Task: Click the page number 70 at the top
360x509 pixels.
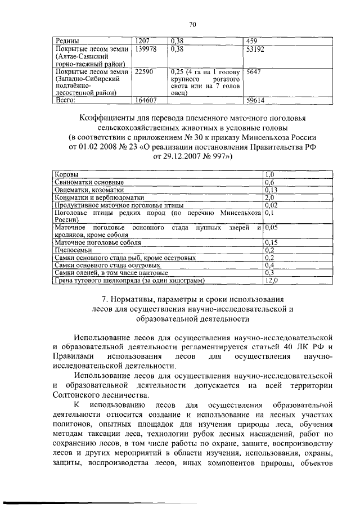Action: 192,24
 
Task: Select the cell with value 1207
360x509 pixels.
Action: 142,41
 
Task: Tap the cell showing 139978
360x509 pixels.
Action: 146,49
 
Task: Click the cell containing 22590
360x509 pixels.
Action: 144,73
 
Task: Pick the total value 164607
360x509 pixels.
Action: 146,101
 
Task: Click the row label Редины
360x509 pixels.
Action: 66,41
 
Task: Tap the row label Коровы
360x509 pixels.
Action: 66,175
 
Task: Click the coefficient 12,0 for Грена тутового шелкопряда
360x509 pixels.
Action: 272,280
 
